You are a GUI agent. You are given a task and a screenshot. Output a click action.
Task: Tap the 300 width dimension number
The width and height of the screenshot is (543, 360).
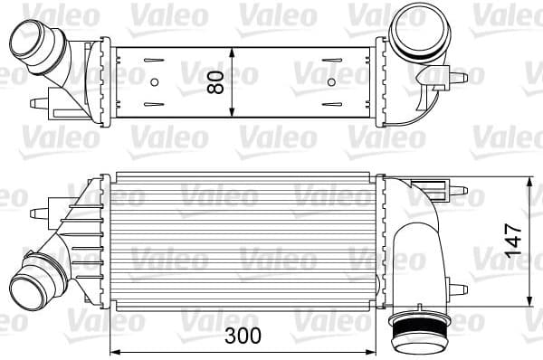243,336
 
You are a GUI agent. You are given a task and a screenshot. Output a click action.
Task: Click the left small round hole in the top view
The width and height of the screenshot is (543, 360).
154,83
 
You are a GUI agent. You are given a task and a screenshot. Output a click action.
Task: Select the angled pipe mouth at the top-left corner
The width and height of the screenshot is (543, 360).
28,40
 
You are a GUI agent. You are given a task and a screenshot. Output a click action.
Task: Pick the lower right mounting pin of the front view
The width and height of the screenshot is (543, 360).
461,289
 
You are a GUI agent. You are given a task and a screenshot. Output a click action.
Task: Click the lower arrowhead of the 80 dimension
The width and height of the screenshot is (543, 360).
233,115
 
